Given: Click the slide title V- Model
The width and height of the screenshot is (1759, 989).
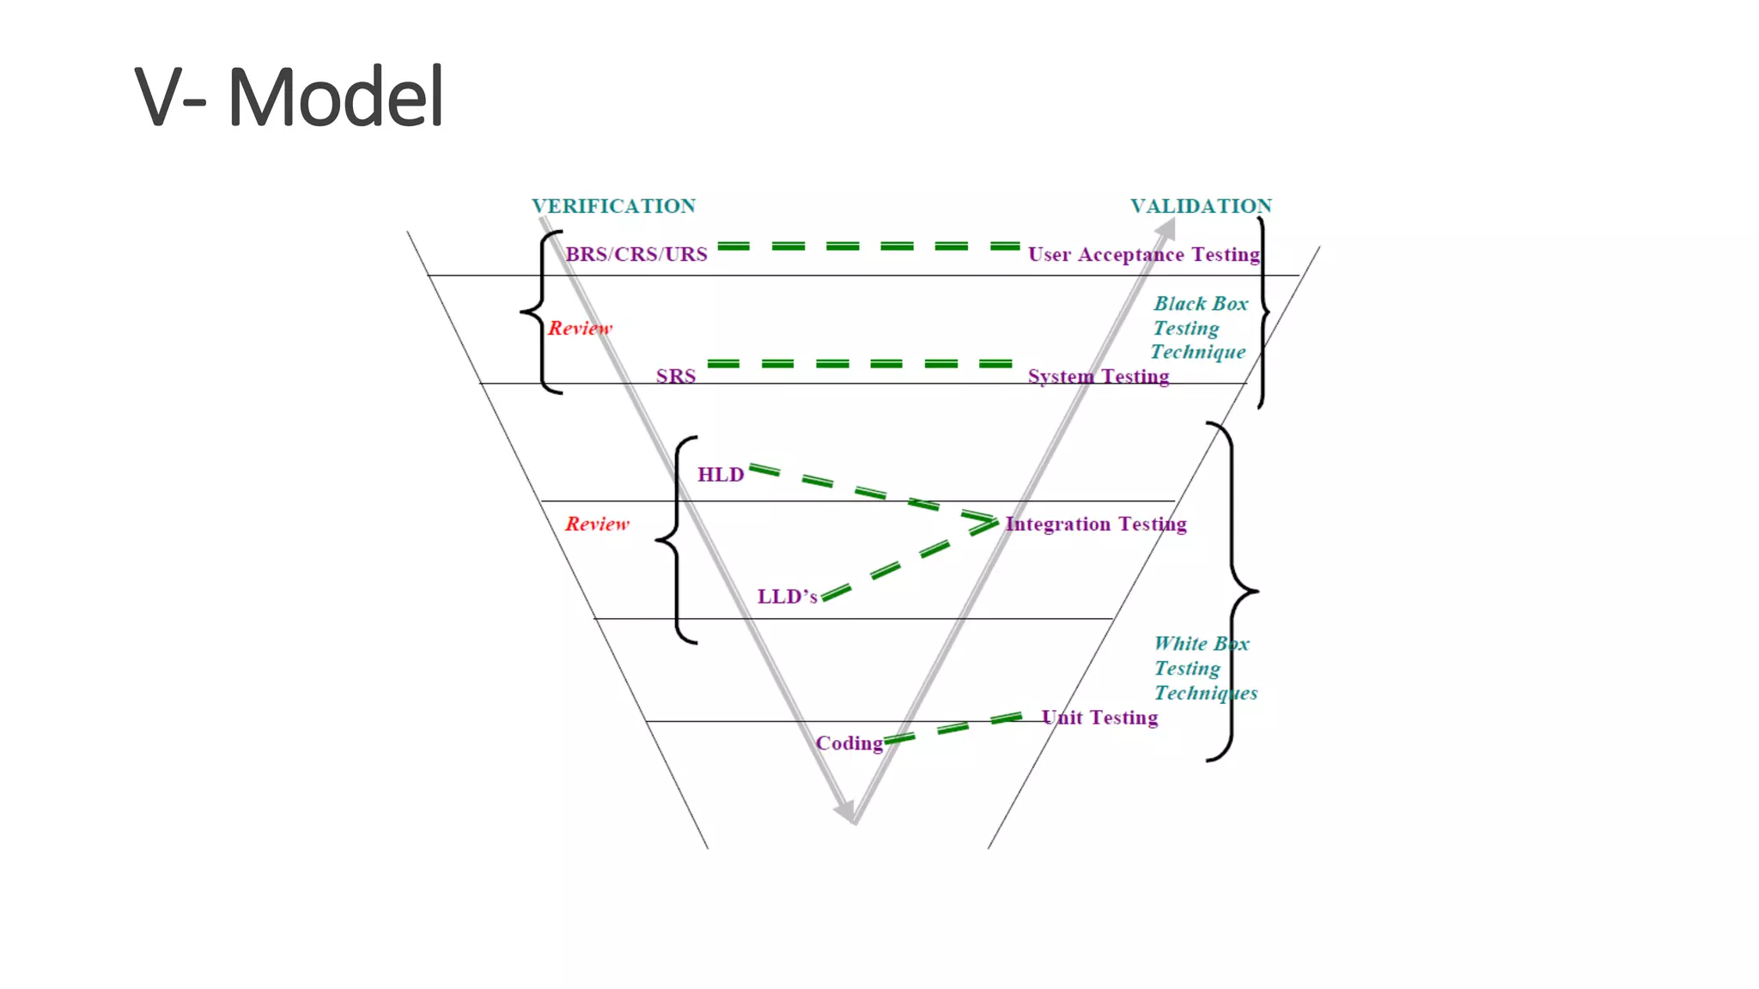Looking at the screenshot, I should click(x=289, y=96).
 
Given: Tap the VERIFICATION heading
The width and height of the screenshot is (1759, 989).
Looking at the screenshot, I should click(x=613, y=206).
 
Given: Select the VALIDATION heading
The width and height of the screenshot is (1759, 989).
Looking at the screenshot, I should click(x=1200, y=206).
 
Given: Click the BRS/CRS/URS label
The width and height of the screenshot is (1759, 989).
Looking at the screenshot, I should click(x=636, y=254).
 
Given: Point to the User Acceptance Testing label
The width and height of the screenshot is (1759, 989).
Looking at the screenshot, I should click(x=1143, y=254).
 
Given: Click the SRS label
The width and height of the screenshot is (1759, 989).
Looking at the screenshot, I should click(x=676, y=376).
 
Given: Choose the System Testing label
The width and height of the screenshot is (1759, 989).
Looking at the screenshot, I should click(x=1098, y=376).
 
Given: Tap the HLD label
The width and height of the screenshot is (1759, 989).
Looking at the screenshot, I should click(x=720, y=475).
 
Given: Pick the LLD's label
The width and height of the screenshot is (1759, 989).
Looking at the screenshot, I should click(x=787, y=597).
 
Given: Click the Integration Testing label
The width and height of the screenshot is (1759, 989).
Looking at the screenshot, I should click(x=1096, y=524).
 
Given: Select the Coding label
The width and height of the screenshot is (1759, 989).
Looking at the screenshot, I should click(x=849, y=743).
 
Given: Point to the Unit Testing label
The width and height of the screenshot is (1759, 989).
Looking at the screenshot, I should click(x=1099, y=717).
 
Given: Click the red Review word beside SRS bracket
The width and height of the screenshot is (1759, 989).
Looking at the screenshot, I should click(x=580, y=328).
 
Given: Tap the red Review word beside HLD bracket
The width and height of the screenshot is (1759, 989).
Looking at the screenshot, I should click(x=597, y=524).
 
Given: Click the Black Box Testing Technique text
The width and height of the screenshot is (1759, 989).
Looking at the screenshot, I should click(x=1199, y=328).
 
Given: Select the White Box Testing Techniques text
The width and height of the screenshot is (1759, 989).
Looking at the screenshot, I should click(x=1204, y=668).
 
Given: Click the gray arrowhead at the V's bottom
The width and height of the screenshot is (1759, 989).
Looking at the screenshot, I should click(x=846, y=810).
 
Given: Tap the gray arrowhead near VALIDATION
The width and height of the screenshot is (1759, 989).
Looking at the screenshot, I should click(x=1166, y=229).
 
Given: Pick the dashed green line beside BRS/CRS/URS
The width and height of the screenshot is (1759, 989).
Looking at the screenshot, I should click(x=867, y=246).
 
